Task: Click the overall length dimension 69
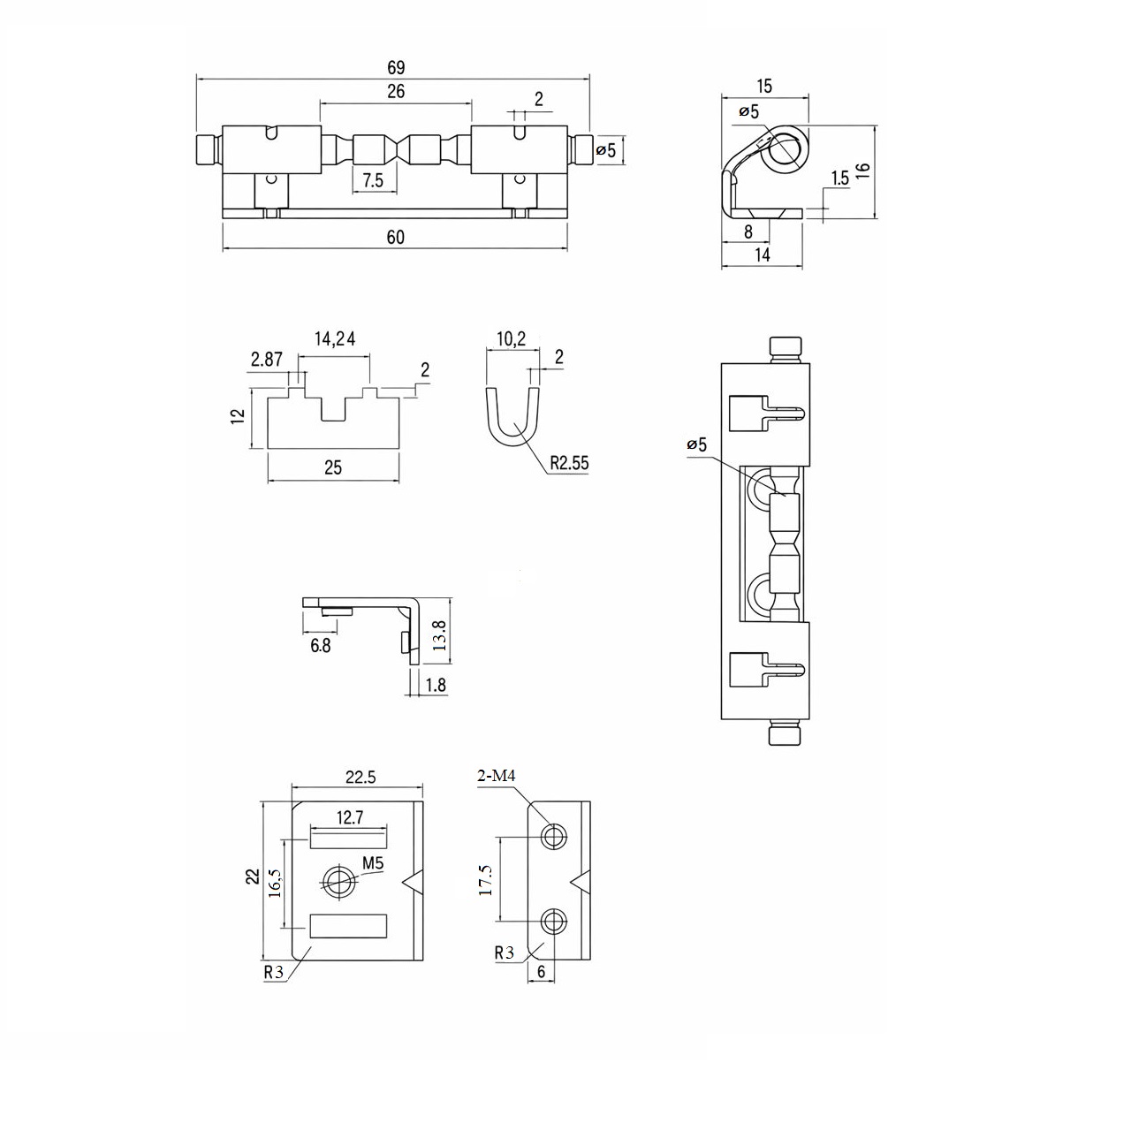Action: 395,68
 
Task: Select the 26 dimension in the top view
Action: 395,91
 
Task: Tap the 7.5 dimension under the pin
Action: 373,180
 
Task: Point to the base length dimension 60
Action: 395,237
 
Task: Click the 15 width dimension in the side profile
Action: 764,86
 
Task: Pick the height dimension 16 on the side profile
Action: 862,171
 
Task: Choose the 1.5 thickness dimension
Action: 839,178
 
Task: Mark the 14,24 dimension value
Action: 335,338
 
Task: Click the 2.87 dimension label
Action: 266,359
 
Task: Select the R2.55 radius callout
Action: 568,462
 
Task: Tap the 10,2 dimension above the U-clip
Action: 511,338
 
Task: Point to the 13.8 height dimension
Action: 439,634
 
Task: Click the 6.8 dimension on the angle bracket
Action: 320,646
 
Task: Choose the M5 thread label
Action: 371,864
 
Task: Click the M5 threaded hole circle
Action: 337,878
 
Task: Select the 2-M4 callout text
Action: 496,776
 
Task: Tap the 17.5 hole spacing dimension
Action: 485,880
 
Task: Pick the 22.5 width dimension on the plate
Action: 360,778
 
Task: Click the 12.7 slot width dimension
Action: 350,817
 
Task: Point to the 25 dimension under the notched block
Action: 332,467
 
